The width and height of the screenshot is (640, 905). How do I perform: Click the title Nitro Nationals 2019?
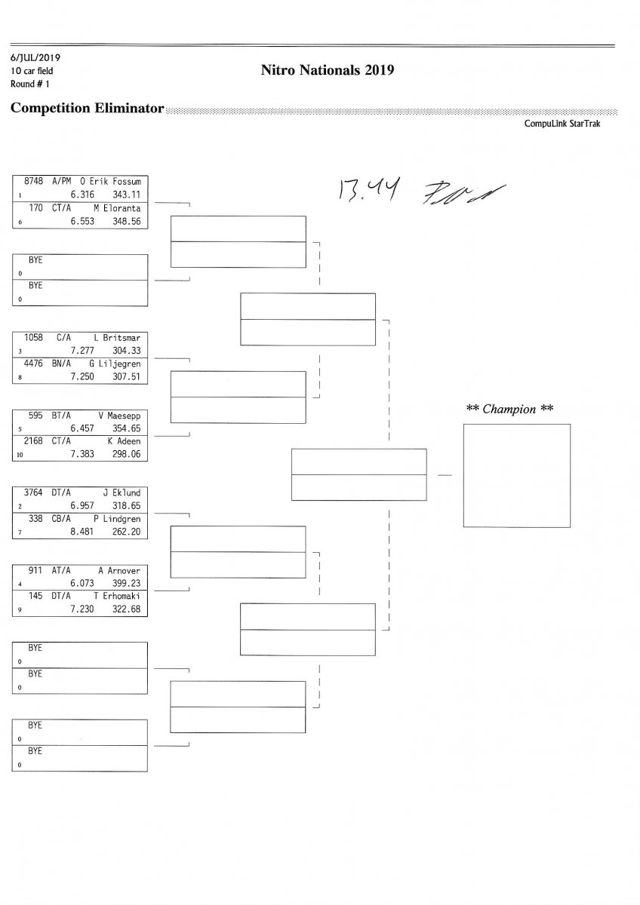coord(328,70)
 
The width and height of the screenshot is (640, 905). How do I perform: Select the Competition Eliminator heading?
coord(88,109)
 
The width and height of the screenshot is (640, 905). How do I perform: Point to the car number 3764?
coord(34,492)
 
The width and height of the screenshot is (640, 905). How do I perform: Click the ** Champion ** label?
coord(510,410)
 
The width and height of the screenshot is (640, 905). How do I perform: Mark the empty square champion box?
coord(516,475)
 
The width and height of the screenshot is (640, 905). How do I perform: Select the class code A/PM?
coord(63,181)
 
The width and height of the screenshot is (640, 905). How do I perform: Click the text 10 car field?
coord(32,71)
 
